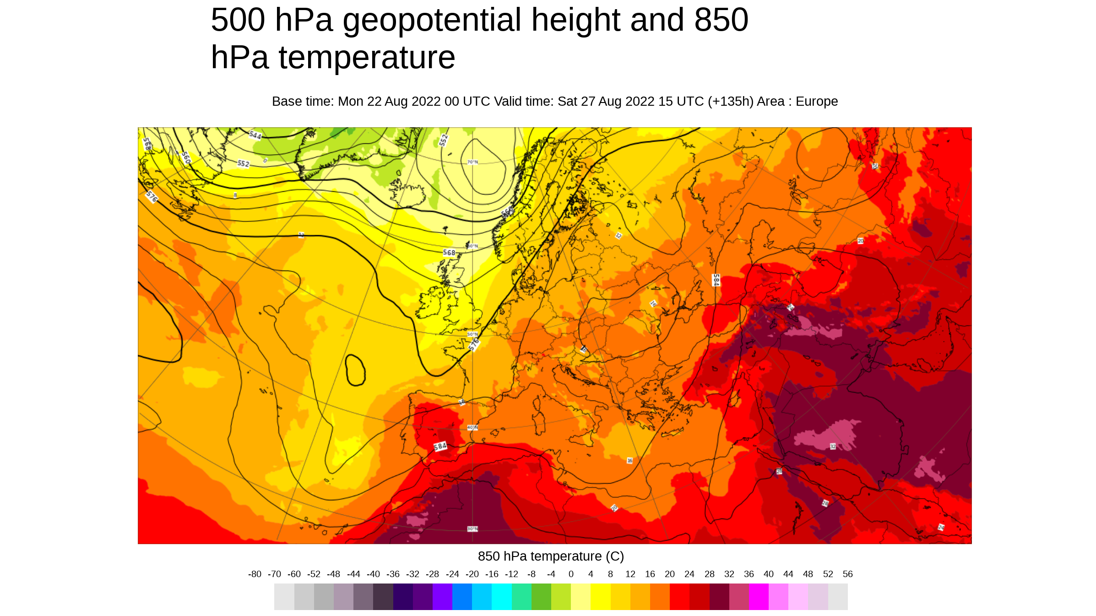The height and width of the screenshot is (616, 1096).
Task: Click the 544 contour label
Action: (255, 135)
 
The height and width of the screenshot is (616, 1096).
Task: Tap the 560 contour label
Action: (186, 158)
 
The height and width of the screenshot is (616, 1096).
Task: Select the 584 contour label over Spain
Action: (440, 446)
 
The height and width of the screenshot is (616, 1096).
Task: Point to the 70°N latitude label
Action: (472, 162)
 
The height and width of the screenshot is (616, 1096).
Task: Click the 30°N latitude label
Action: (472, 529)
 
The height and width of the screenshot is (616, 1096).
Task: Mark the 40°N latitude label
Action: (472, 427)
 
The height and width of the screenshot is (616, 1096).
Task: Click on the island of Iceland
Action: (410, 192)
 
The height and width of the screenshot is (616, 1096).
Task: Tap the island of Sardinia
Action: (539, 423)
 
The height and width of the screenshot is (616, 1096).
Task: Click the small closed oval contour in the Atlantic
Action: (355, 370)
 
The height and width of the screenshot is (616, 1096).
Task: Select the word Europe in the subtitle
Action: (816, 102)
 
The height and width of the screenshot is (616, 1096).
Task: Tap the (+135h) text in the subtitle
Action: (730, 102)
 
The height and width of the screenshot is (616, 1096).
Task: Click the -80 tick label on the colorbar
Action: (255, 574)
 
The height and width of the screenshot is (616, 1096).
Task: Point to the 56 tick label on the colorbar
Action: (847, 574)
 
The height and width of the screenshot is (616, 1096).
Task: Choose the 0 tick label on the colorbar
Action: (571, 574)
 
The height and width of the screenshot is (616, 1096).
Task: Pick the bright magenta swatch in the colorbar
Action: (759, 596)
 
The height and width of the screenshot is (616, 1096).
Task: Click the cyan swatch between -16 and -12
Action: (502, 596)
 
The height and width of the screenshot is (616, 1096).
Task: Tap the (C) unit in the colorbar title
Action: (614, 557)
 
